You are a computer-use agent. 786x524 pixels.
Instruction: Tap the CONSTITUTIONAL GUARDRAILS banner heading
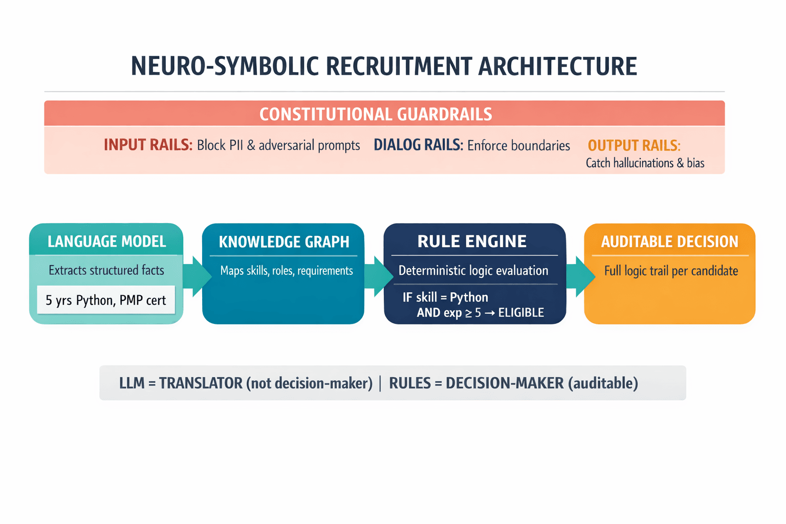(376, 114)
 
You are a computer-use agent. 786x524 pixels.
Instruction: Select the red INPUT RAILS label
(147, 145)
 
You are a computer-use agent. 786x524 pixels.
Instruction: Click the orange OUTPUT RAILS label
(634, 145)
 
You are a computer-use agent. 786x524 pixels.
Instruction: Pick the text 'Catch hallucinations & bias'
(645, 163)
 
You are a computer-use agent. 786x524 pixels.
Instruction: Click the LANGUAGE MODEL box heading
(106, 242)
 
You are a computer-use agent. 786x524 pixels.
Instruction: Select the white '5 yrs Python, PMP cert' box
(106, 300)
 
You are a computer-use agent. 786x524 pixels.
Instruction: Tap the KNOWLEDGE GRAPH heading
(284, 242)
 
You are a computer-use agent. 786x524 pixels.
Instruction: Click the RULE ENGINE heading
(472, 242)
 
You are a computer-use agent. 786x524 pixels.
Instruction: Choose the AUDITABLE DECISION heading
(669, 242)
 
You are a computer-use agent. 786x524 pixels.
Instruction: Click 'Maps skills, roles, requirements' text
(286, 271)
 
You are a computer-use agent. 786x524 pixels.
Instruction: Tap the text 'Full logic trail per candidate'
(671, 271)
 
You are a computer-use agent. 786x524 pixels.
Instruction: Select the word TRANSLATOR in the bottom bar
(201, 383)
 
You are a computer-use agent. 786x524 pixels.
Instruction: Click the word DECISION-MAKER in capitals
(505, 383)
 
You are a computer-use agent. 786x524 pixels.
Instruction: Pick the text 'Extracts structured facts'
(106, 270)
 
